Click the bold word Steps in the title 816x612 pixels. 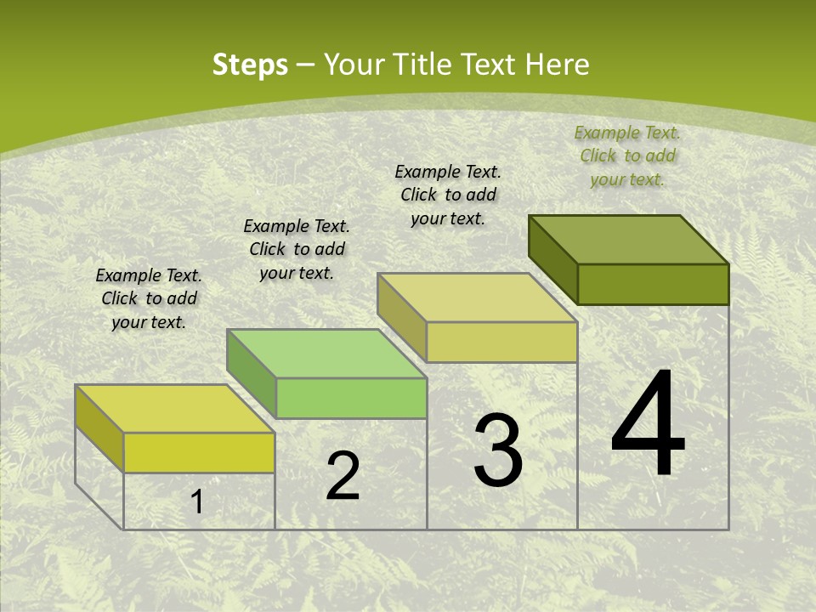pyautogui.click(x=250, y=65)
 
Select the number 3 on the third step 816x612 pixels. pyautogui.click(x=498, y=450)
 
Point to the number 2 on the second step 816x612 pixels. pyautogui.click(x=343, y=476)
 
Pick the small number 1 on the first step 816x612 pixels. pyautogui.click(x=197, y=501)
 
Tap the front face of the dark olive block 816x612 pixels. pyautogui.click(x=653, y=284)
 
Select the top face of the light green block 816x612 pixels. pyautogui.click(x=327, y=354)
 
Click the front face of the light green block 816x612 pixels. pyautogui.click(x=351, y=398)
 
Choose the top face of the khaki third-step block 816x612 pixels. pyautogui.click(x=478, y=297)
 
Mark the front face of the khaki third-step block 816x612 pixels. pyautogui.click(x=501, y=342)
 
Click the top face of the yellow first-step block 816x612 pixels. pyautogui.click(x=175, y=409)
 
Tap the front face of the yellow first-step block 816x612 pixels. pyautogui.click(x=199, y=452)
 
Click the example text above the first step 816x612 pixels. pyautogui.click(x=149, y=299)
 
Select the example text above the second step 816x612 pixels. pyautogui.click(x=297, y=249)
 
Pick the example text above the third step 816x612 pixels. pyautogui.click(x=448, y=195)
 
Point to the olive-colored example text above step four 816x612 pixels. pyautogui.click(x=627, y=156)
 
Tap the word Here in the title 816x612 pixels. pyautogui.click(x=557, y=65)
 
